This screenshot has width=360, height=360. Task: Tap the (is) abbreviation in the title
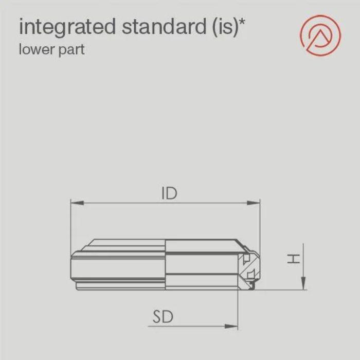pos(226,27)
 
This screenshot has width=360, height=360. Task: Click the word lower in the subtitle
pos(35,50)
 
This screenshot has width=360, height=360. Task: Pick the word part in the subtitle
pos(72,51)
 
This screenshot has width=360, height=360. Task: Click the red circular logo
pos(320,35)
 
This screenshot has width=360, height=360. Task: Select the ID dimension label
pos(169,193)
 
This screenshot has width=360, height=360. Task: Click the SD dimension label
pos(163,317)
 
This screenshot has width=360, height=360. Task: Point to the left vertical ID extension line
pos(70,226)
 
